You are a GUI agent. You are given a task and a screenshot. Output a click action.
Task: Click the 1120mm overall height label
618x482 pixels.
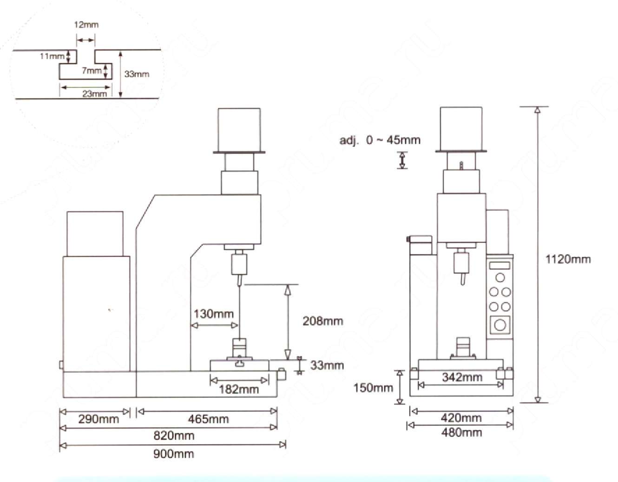(x=568, y=259)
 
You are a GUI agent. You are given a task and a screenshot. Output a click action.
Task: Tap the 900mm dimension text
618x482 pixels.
(x=174, y=454)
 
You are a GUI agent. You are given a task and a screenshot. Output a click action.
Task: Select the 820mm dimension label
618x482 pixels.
(x=174, y=435)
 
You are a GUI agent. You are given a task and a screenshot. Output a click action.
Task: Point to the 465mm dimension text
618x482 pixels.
(x=209, y=419)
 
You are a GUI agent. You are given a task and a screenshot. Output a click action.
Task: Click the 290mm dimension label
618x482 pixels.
(x=99, y=419)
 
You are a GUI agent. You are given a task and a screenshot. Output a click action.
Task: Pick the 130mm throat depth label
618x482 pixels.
(x=214, y=314)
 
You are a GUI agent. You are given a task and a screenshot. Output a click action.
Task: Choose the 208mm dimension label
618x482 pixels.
(x=323, y=321)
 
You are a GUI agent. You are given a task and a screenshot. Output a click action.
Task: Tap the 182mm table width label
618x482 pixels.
(x=239, y=389)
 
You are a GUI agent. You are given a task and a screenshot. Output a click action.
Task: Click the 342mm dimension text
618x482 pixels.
(x=462, y=377)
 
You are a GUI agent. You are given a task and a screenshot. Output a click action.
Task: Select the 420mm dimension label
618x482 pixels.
(x=461, y=418)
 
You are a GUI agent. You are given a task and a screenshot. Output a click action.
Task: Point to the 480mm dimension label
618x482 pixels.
(x=461, y=433)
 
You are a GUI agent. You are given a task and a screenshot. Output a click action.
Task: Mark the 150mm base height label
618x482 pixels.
(x=373, y=388)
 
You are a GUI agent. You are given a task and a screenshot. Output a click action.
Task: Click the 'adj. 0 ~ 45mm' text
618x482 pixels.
(x=380, y=141)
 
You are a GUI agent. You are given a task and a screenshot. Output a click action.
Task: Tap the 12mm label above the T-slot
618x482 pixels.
(x=86, y=25)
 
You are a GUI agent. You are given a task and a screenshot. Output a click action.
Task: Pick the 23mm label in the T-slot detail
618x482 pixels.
(x=94, y=94)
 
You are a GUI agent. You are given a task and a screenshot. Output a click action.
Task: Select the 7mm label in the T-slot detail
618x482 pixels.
(x=92, y=70)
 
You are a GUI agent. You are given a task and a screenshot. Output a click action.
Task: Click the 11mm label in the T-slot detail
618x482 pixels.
(x=52, y=56)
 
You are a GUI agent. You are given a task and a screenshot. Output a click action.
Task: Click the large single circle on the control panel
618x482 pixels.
(x=500, y=325)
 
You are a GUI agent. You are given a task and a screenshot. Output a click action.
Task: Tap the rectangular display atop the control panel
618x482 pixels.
(x=500, y=265)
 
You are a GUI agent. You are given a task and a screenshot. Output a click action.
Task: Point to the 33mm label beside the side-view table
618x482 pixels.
(x=327, y=365)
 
